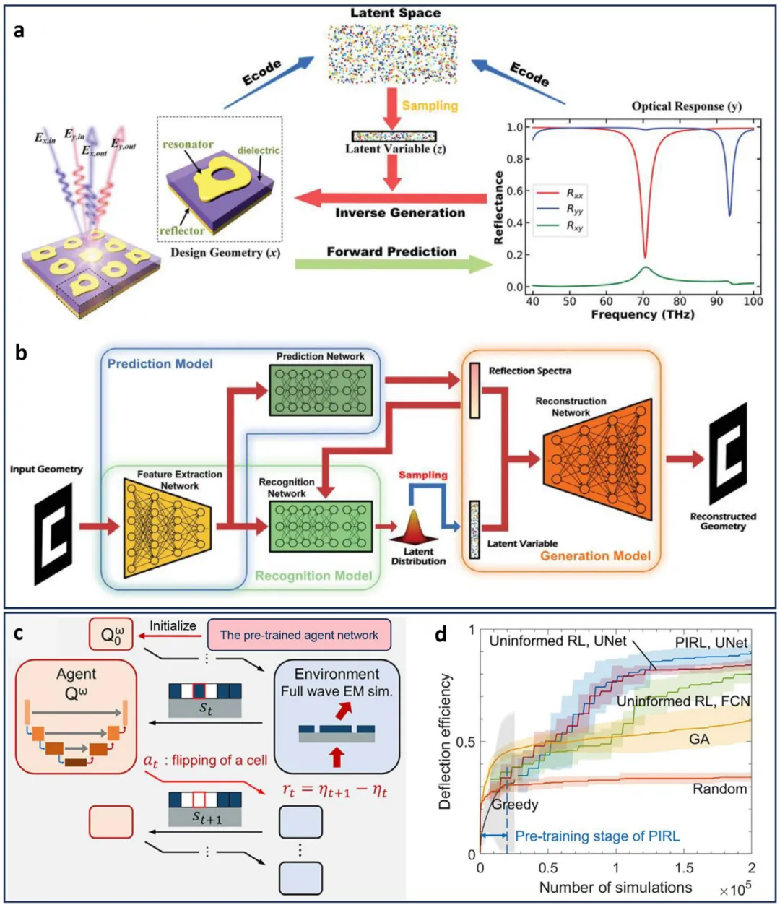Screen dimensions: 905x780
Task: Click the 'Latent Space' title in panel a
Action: click(395, 13)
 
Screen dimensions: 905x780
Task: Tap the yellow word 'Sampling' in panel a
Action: click(430, 105)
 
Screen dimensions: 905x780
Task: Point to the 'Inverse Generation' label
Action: click(400, 213)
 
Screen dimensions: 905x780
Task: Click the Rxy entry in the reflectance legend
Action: click(575, 227)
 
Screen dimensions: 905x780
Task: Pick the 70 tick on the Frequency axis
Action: click(643, 300)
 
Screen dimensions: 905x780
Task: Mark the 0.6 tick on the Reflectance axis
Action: click(514, 191)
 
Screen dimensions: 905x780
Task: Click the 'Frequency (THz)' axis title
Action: click(643, 315)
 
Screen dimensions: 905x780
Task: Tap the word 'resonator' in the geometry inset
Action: click(188, 144)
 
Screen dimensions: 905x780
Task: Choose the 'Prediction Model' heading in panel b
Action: click(160, 364)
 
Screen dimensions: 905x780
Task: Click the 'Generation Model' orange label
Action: click(595, 556)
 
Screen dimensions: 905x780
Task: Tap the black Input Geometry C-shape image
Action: click(53, 534)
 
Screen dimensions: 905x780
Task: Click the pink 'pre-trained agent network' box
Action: click(299, 635)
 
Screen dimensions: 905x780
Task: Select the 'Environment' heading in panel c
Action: click(337, 674)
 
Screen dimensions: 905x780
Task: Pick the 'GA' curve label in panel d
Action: click(699, 740)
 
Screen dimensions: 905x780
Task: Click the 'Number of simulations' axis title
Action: click(615, 888)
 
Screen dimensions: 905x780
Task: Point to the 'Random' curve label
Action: click(719, 789)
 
